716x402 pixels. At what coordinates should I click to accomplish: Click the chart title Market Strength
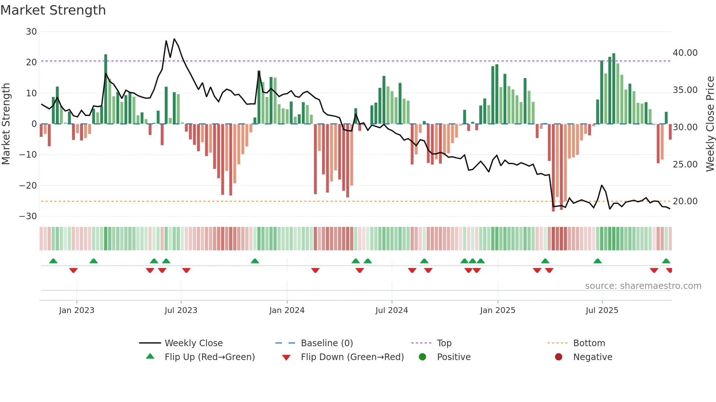pos(53,10)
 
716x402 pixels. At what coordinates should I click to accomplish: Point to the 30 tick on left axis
pos(31,32)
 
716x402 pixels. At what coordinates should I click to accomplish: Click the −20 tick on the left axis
pos(28,186)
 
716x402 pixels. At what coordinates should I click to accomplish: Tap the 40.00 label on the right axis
pos(685,53)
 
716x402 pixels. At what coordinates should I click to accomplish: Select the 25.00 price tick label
pos(685,165)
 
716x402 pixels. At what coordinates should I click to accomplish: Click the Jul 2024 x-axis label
pos(392,310)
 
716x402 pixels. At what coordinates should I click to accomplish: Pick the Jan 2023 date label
pos(77,310)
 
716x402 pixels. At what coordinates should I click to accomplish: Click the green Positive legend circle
pos(423,357)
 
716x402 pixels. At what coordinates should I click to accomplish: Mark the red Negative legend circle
pos(559,357)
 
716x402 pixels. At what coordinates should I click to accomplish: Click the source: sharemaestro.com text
pos(643,286)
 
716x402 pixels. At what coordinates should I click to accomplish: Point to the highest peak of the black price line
pos(174,39)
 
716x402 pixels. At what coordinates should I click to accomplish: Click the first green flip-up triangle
pos(53,261)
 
